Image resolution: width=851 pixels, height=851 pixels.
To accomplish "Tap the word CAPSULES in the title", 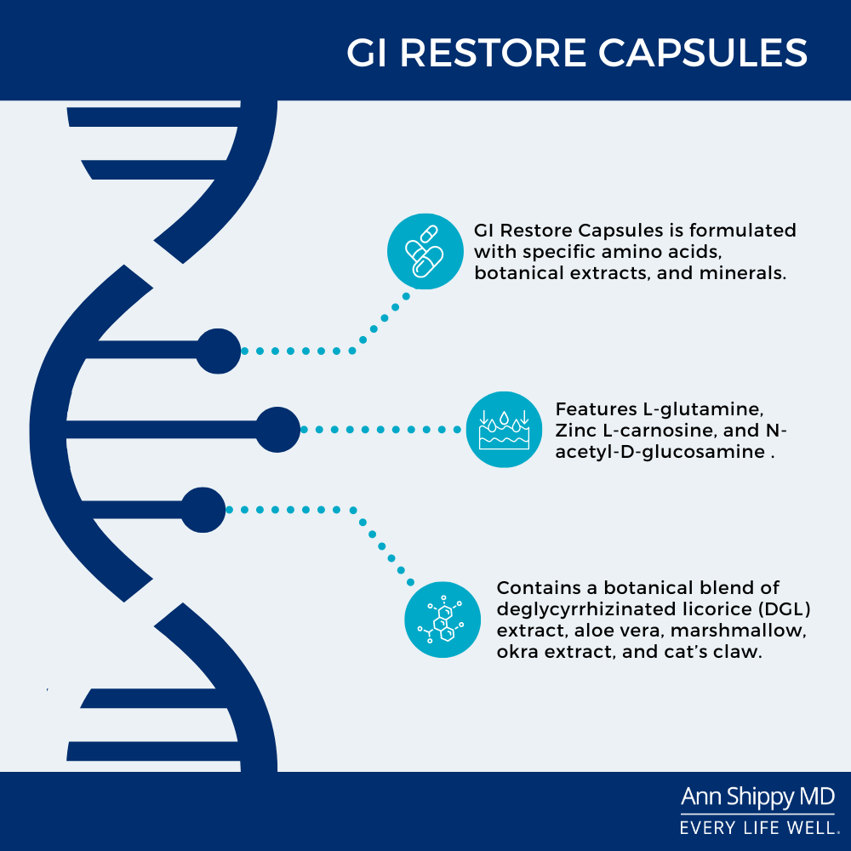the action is tap(703, 53).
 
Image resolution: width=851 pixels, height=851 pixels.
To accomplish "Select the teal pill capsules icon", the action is tap(425, 251).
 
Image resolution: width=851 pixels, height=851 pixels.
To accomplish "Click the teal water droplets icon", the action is tap(504, 429).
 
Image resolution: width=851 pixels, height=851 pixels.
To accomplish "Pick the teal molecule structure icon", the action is tap(443, 620).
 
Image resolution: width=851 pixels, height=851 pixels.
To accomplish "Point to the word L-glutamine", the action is tap(704, 410).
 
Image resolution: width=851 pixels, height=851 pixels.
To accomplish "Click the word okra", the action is tap(517, 651).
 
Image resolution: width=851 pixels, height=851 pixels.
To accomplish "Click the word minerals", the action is tap(743, 272).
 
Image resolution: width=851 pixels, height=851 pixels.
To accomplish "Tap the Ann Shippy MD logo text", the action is tap(757, 797).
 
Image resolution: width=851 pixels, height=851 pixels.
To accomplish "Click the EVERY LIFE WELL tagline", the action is tap(758, 828).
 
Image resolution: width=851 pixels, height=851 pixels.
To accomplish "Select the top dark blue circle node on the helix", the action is tap(218, 351).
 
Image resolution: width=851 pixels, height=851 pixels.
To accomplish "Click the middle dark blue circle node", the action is tap(278, 429).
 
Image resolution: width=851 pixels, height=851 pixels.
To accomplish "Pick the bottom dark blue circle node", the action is tap(203, 510).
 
